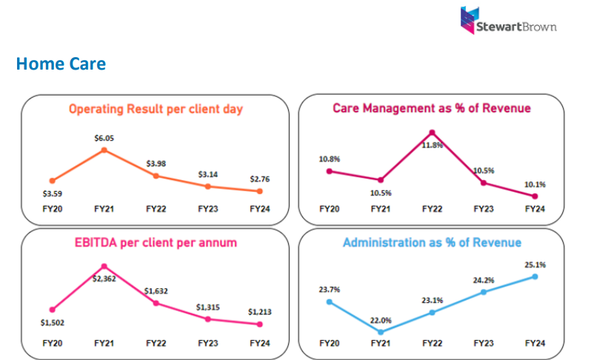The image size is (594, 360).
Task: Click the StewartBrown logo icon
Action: [468, 20]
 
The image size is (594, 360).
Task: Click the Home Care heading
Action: [60, 64]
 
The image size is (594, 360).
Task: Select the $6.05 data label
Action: [104, 138]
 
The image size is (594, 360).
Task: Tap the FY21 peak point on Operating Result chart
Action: [104, 150]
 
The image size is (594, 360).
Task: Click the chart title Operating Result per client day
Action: [156, 109]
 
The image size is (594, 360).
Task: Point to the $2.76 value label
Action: [259, 178]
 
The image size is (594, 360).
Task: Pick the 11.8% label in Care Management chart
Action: [433, 145]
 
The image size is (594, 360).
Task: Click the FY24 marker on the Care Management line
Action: [535, 196]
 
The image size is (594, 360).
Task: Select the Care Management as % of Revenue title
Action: [432, 108]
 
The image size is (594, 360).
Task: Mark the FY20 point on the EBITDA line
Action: [52, 310]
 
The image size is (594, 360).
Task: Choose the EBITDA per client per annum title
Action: [156, 242]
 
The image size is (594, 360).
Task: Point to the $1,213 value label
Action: [259, 312]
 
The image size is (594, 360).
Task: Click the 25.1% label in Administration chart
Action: [535, 264]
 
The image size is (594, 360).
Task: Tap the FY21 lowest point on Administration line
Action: [381, 332]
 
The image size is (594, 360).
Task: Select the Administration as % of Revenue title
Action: [432, 242]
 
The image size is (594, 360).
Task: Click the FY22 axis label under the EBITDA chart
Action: [156, 344]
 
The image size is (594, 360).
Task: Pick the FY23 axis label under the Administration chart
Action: [483, 344]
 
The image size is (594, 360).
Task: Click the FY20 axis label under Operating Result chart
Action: [52, 210]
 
